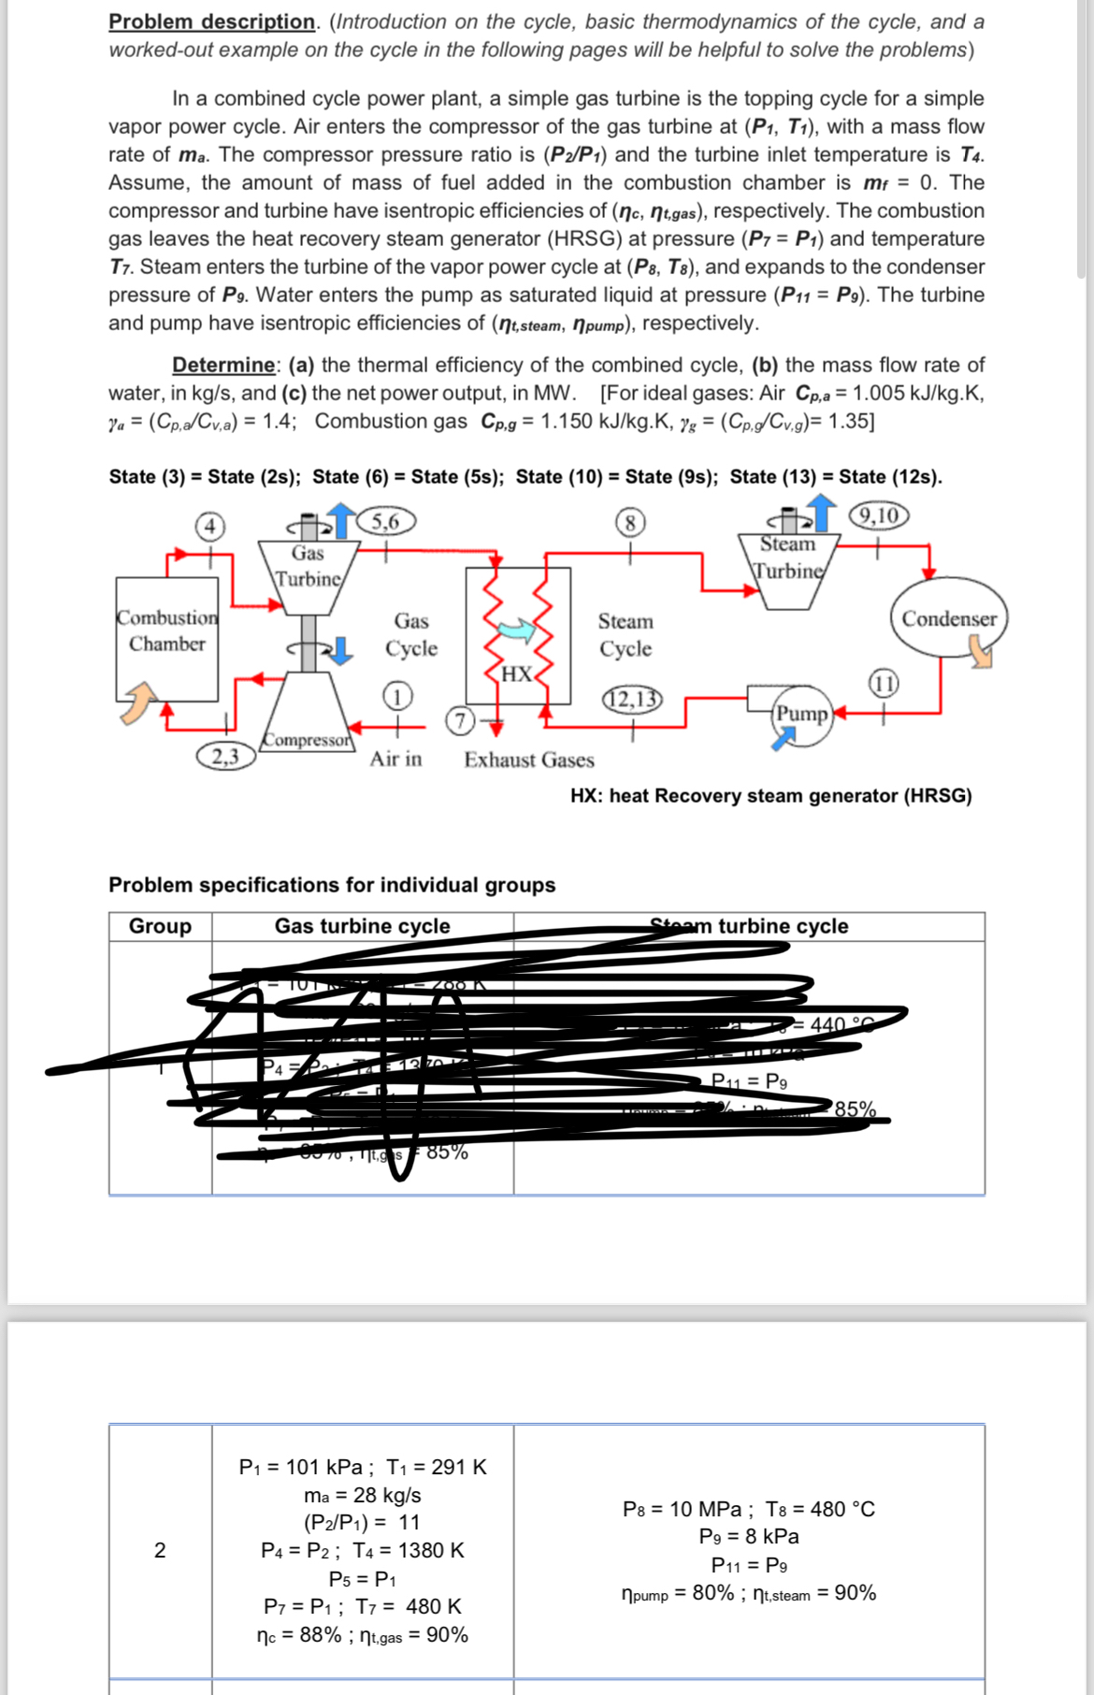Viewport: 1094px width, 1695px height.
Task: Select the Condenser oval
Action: click(x=948, y=619)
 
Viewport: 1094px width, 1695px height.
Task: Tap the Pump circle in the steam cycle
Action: click(x=802, y=715)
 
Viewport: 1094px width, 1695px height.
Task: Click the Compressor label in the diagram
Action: click(x=308, y=740)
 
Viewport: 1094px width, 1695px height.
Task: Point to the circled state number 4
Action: click(x=210, y=527)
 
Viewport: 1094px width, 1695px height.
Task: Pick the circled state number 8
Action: click(x=630, y=522)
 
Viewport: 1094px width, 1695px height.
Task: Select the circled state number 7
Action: click(x=459, y=720)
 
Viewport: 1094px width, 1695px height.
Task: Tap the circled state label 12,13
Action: click(x=632, y=699)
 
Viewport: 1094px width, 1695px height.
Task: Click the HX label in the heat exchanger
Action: click(x=516, y=674)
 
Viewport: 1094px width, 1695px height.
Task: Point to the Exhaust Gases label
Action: click(x=529, y=760)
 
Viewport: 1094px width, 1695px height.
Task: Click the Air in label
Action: click(x=396, y=759)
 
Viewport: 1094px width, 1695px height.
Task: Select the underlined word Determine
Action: click(x=223, y=365)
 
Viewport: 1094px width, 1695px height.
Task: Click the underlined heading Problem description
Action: click(x=211, y=22)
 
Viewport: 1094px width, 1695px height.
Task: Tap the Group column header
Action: click(x=160, y=926)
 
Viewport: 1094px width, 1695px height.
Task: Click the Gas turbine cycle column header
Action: click(x=362, y=926)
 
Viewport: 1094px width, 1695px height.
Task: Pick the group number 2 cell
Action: click(x=160, y=1550)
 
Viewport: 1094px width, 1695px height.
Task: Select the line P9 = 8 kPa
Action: click(x=749, y=1536)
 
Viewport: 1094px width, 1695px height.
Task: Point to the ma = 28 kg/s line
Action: click(x=363, y=1495)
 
